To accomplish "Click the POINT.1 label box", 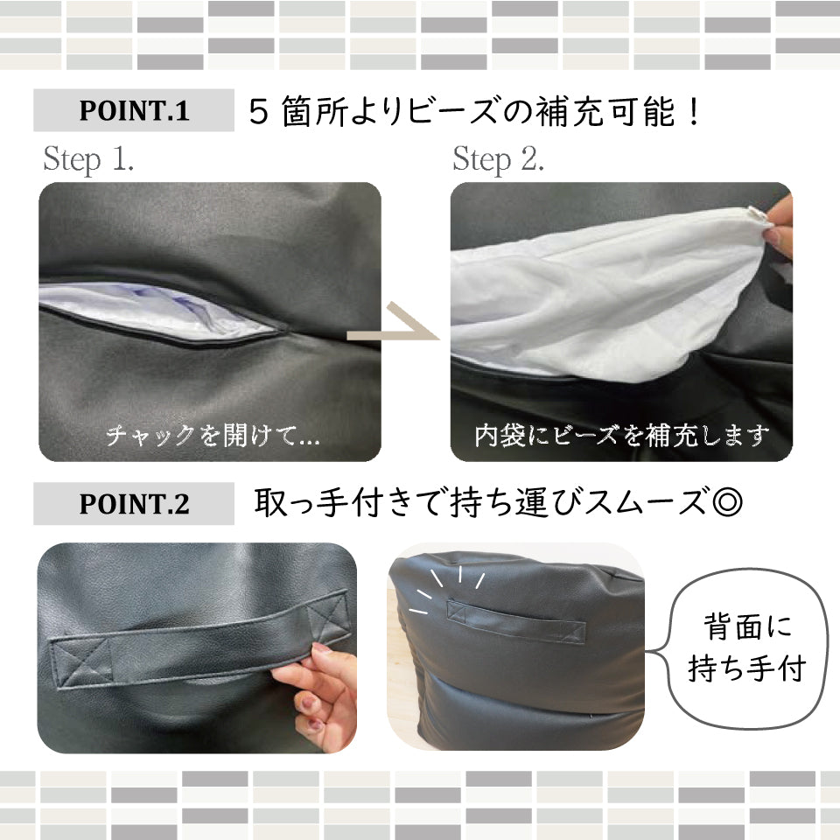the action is point(133,110).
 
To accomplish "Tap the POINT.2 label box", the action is point(133,504).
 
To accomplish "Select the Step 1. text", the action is point(88,159).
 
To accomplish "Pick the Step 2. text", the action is point(498,159).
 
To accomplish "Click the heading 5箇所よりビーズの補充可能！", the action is point(474,111).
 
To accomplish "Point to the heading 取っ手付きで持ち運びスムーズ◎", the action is point(498,502).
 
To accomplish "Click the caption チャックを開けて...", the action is point(213,435).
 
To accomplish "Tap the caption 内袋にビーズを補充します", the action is point(621,435).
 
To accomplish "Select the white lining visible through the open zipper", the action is point(156,311).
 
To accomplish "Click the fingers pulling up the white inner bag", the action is point(780,226).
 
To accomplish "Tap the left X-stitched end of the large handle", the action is point(81,662).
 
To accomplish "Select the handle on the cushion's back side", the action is point(515,621).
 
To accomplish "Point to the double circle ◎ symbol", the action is point(727,503).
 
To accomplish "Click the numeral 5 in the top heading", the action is point(259,112).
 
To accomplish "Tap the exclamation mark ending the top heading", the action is point(694,111).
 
